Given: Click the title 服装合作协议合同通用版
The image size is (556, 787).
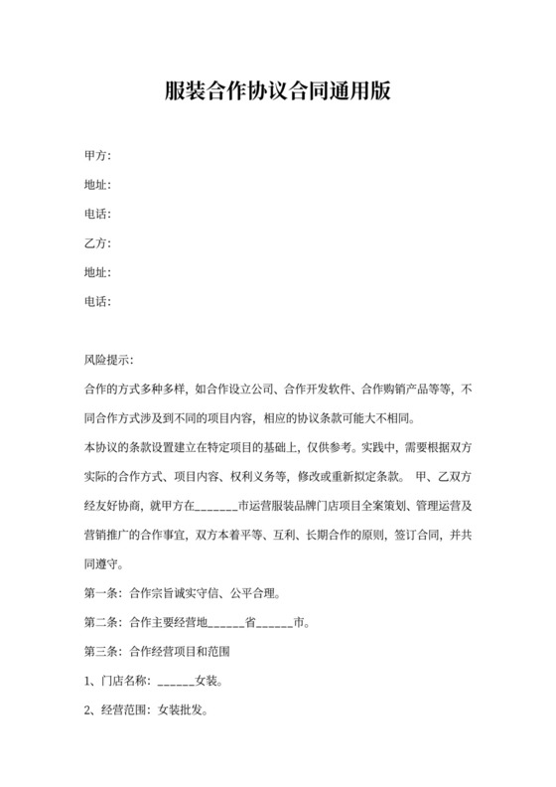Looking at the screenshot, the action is (x=277, y=92).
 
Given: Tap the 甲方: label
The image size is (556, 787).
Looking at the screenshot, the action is (x=97, y=155).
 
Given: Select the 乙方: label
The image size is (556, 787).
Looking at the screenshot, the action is (x=97, y=243).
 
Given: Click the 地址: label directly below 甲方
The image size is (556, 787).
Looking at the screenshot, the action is (x=97, y=185).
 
